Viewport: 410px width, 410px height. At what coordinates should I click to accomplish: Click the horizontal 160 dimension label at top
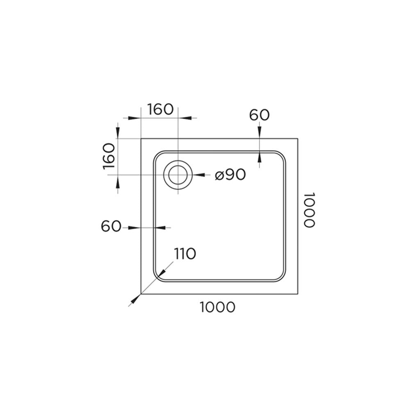160,109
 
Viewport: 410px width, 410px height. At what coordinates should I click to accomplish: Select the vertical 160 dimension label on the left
109,156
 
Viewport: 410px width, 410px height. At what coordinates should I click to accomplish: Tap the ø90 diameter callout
230,174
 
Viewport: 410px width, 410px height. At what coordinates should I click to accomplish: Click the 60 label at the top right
259,115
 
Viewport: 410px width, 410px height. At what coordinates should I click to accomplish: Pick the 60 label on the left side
111,226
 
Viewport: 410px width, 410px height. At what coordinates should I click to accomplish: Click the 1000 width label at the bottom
218,307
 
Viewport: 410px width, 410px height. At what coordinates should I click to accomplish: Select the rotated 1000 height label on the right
309,210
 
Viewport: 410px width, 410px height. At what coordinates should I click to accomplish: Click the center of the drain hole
178,175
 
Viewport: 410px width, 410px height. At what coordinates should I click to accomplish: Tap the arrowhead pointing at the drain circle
199,175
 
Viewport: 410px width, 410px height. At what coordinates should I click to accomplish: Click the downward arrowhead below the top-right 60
260,132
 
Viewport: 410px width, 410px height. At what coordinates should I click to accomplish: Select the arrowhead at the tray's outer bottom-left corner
135,299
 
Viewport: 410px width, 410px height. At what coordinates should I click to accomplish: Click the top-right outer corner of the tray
298,139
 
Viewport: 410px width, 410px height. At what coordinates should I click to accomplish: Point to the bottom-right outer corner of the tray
298,294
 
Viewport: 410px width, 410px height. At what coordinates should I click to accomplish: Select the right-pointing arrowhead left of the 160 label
134,118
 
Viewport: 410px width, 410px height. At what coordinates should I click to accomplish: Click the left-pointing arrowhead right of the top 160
184,118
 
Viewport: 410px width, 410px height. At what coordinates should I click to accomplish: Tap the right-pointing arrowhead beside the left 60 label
134,228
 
